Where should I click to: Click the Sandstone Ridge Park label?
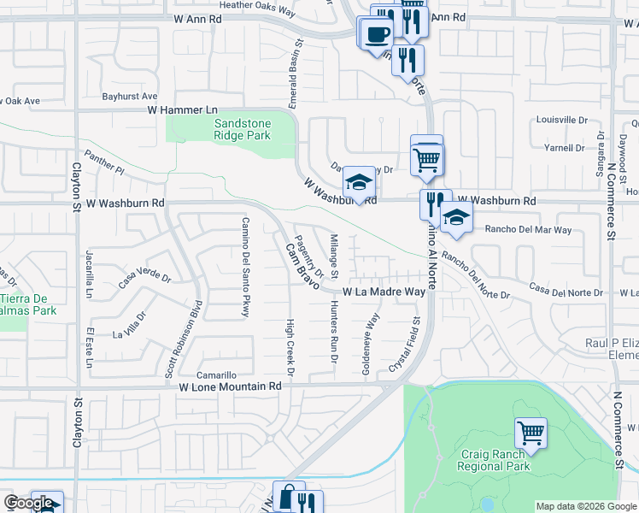click(242, 129)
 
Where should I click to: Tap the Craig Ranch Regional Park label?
click(493, 460)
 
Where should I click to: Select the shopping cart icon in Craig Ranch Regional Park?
click(531, 433)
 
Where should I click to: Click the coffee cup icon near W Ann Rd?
click(377, 34)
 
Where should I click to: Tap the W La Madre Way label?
click(384, 292)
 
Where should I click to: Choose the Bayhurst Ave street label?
click(132, 97)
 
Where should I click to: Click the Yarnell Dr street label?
click(564, 148)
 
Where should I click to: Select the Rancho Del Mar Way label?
click(528, 230)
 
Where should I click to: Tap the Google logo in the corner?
click(28, 503)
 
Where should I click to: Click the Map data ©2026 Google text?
click(586, 506)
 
